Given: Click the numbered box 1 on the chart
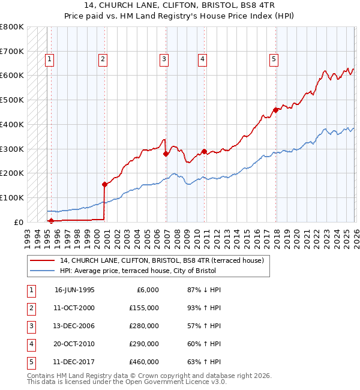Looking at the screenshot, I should (49, 59).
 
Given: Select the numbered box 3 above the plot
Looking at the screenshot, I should (164, 59).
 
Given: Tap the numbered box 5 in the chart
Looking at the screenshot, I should (274, 59).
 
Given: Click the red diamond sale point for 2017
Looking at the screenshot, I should (275, 110).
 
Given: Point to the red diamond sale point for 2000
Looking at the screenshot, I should (104, 184).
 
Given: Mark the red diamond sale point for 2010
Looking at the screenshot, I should (204, 151).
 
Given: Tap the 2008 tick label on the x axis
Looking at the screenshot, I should (176, 234).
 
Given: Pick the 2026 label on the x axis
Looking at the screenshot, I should (355, 234).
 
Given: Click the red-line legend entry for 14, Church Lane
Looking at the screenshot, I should (162, 260).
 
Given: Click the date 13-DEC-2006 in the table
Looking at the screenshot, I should (74, 326).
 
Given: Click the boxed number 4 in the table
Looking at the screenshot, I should (31, 344).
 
